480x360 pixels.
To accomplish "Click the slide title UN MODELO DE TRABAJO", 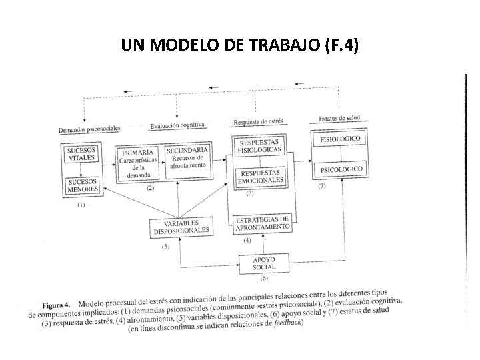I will tap(240, 45).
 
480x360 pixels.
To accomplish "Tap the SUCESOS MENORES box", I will tap(81, 185).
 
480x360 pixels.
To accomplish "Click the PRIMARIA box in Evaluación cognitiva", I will tap(138, 163).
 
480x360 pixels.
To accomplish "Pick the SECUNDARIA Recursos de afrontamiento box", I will tap(187, 161).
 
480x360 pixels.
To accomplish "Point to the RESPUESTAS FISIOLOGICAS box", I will tap(261, 147).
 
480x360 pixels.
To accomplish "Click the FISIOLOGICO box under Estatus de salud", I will tap(340, 139).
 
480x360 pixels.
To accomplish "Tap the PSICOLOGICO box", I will tap(341, 171).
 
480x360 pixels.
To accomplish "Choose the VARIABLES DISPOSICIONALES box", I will tap(181, 227).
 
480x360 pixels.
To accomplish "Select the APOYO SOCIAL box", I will tap(265, 263).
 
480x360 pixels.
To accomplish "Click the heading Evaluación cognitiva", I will tap(177, 125).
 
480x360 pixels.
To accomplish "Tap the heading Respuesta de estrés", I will tap(258, 122).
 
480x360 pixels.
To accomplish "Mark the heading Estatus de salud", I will tap(339, 119).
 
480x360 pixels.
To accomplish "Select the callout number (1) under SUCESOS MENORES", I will tap(81, 205).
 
